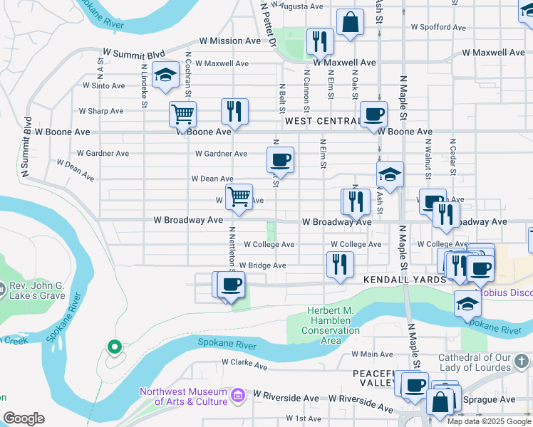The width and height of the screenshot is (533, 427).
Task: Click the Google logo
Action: (x=24, y=418)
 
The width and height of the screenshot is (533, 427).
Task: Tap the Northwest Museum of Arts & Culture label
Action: (x=184, y=396)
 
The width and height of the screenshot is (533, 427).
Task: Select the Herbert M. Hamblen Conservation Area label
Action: (x=331, y=325)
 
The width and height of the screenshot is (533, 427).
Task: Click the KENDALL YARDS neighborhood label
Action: (x=405, y=280)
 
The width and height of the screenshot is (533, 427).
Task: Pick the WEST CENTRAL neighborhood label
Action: (x=321, y=121)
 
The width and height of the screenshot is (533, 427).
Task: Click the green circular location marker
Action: (x=113, y=347)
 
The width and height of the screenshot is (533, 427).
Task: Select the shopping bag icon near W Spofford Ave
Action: (x=350, y=22)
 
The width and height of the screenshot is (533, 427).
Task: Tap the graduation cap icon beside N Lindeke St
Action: (x=165, y=75)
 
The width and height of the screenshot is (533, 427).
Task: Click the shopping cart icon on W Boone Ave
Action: (x=182, y=113)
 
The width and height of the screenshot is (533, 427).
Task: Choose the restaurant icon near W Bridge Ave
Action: (x=340, y=264)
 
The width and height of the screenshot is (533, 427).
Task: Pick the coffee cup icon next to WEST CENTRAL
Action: (x=373, y=114)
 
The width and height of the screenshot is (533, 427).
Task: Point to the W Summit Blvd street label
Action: (x=134, y=53)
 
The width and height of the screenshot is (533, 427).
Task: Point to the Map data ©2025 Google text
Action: (x=489, y=421)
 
